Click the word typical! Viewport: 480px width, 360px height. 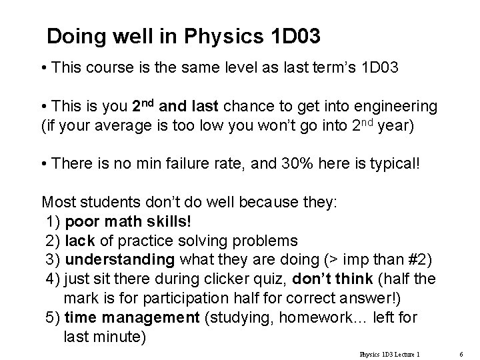(x=396, y=162)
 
